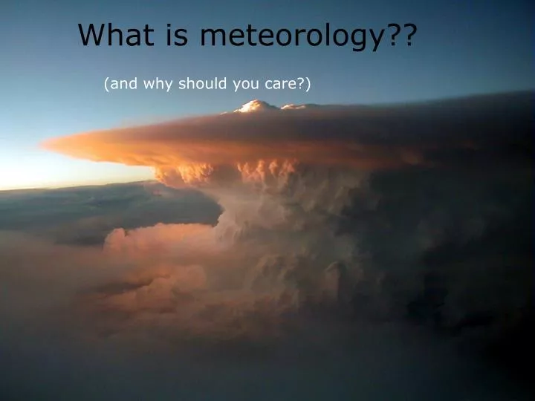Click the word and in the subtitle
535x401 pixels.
click(123, 84)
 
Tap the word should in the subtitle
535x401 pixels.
click(203, 84)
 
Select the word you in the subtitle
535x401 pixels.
click(244, 85)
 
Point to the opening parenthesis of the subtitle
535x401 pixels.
click(107, 85)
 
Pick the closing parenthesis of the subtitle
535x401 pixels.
click(308, 85)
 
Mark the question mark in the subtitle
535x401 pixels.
click(301, 84)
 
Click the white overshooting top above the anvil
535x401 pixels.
click(256, 107)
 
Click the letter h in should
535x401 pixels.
click(192, 84)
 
